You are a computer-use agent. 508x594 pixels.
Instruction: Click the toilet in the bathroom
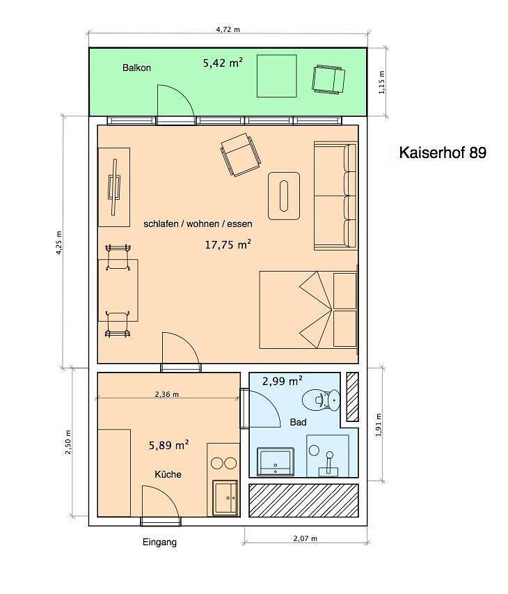tap(322, 399)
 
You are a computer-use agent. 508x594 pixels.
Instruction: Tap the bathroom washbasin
tap(275, 462)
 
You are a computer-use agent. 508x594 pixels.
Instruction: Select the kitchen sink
tap(225, 497)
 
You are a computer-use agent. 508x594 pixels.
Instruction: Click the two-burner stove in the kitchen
tap(223, 462)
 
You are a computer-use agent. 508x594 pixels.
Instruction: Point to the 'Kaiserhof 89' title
tap(443, 153)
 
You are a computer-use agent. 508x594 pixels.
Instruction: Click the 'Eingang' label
tap(159, 542)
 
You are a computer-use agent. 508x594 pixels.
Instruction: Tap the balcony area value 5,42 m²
tap(223, 62)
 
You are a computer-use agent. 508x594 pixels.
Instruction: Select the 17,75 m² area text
tap(228, 244)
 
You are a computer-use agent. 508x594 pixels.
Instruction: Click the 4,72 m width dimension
tap(228, 29)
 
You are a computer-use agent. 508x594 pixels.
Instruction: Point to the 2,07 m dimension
tap(305, 538)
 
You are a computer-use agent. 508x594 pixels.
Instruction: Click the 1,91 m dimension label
tap(379, 425)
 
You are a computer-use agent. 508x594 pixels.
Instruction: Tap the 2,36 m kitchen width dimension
tap(167, 394)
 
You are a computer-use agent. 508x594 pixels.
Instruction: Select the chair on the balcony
tap(328, 79)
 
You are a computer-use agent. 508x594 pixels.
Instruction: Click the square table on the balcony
tap(277, 76)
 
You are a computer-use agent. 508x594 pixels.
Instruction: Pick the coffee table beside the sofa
tap(284, 196)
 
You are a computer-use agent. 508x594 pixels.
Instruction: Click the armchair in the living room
tap(241, 155)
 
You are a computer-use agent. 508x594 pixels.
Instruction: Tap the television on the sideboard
tap(114, 187)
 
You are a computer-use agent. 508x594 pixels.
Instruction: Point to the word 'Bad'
tap(298, 422)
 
